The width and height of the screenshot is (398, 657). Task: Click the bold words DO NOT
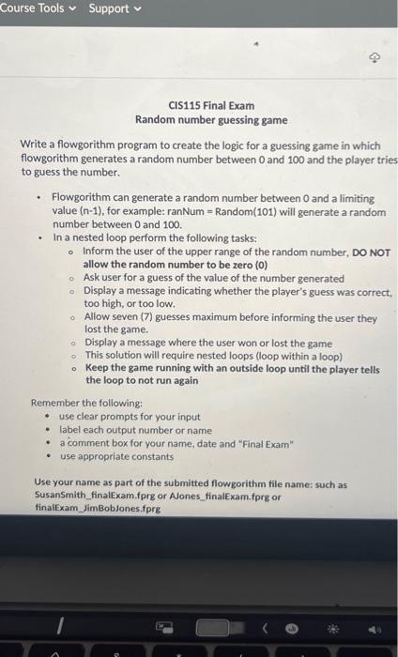[x=371, y=252]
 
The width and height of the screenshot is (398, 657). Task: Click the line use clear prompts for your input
[x=130, y=416]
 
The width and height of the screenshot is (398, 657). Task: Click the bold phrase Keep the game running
[x=139, y=369]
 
